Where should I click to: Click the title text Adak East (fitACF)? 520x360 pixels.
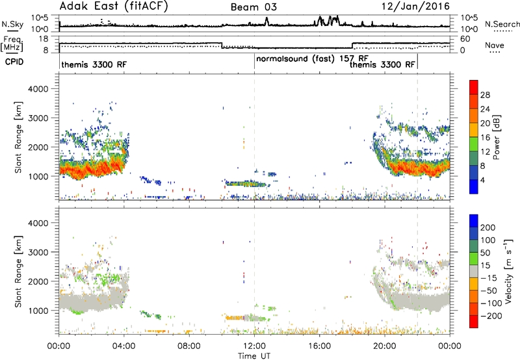(113, 6)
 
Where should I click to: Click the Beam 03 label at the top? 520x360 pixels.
(253, 7)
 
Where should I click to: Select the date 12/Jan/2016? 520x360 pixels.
(415, 6)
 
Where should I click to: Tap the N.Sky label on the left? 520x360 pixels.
(12, 24)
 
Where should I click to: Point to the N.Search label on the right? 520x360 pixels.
(502, 24)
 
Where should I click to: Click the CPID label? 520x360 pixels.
(14, 62)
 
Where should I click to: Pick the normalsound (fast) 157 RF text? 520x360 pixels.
(313, 58)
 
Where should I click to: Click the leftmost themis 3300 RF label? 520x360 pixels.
(94, 64)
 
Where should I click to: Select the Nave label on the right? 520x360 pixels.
(495, 45)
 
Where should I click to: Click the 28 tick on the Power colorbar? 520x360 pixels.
(485, 95)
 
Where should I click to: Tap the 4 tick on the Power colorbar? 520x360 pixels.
(483, 180)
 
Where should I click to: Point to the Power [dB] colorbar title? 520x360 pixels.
(497, 137)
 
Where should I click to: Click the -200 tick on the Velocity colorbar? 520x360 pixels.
(489, 316)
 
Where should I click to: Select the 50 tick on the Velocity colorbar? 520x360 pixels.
(486, 253)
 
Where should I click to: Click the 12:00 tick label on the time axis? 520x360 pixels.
(254, 346)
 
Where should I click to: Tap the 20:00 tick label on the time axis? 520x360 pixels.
(385, 346)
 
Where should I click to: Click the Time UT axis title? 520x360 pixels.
(254, 356)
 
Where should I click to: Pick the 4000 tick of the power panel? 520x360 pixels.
(38, 89)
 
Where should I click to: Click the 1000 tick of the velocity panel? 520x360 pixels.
(38, 311)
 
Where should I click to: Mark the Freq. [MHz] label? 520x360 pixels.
(13, 44)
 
